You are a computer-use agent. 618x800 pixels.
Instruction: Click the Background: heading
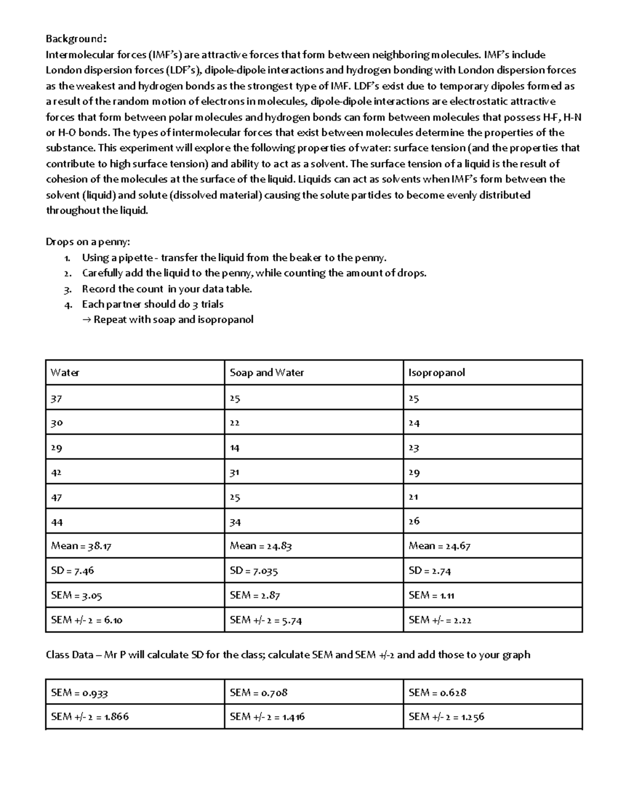point(77,39)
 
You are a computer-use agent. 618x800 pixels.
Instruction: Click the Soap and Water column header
point(266,372)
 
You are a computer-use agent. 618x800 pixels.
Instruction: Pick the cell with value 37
point(57,398)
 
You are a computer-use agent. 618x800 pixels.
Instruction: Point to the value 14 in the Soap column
point(235,448)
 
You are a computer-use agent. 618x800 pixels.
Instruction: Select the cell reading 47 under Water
point(57,497)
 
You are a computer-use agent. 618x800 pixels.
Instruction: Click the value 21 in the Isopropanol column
point(414,497)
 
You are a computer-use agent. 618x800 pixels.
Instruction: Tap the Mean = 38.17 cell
point(81,546)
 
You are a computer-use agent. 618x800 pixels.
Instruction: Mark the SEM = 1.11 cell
point(431,595)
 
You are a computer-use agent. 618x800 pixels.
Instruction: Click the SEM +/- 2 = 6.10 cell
point(87,620)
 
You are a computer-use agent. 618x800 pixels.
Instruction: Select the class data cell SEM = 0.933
point(79,693)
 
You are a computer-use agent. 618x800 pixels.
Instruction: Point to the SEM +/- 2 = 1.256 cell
point(446,717)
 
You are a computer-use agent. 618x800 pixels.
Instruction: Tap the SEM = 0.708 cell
point(258,693)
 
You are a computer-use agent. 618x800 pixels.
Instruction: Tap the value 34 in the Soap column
point(235,522)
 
